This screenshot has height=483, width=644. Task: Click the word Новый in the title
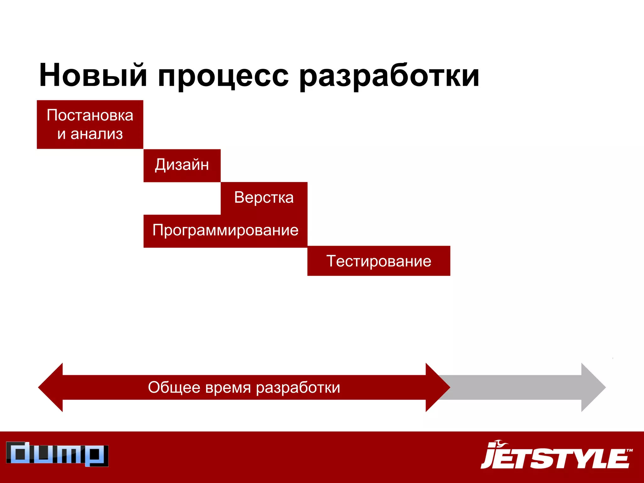point(93,75)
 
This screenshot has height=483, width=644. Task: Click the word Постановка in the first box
point(90,115)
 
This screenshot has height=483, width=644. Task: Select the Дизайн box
point(182,165)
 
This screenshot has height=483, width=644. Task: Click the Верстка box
point(264,198)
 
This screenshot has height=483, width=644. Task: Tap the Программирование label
point(225,230)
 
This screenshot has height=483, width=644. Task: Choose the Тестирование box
point(379,261)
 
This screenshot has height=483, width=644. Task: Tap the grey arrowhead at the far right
point(592,387)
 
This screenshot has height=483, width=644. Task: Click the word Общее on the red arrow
point(174,387)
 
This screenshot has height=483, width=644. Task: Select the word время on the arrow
point(228,387)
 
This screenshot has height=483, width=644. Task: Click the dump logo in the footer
point(57,454)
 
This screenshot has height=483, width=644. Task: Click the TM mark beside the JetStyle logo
point(629,450)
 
